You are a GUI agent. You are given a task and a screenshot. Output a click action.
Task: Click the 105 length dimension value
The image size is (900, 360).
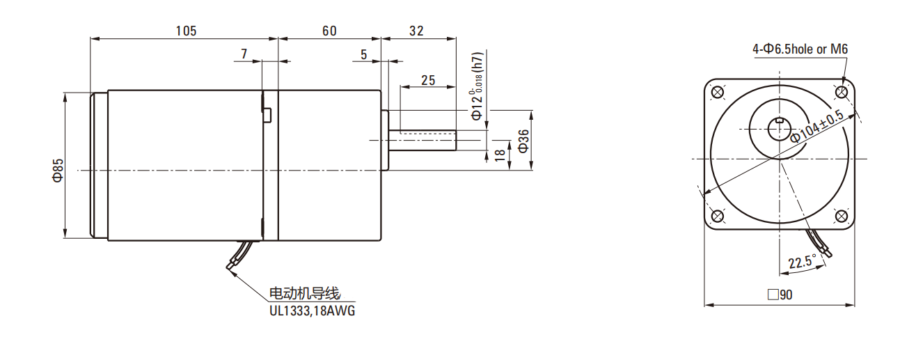click(186, 31)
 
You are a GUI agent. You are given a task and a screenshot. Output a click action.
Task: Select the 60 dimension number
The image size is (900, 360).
click(329, 31)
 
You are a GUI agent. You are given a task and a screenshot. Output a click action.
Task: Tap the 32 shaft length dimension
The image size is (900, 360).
click(416, 31)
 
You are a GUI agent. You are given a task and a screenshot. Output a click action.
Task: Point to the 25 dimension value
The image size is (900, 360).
click(428, 80)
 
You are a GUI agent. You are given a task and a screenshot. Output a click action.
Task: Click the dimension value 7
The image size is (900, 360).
click(244, 54)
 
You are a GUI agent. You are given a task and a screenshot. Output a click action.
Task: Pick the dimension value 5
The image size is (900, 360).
click(364, 54)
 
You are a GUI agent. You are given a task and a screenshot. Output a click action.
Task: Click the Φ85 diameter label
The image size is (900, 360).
click(58, 170)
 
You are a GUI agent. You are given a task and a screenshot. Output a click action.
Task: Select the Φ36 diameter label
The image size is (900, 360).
click(523, 142)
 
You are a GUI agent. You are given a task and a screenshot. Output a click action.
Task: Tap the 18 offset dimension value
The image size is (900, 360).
click(499, 155)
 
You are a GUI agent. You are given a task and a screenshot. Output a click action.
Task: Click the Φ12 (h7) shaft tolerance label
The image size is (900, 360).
click(477, 87)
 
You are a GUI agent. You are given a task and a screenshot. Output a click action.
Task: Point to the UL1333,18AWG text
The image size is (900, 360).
click(312, 311)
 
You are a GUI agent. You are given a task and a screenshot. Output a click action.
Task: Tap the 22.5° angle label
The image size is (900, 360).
click(802, 263)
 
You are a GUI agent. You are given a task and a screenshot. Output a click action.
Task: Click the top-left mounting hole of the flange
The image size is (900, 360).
click(718, 92)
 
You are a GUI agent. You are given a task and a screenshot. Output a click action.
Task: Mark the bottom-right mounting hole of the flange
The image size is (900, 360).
click(841, 216)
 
